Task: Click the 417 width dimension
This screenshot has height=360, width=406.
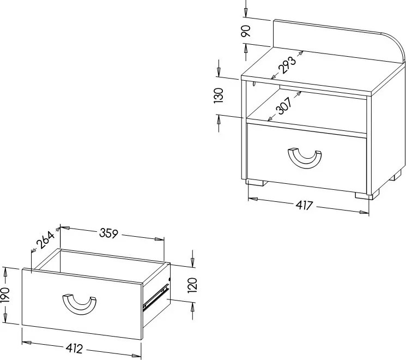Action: [305, 205]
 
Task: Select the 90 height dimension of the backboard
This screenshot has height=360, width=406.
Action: [246, 31]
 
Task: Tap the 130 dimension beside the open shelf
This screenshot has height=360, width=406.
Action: [219, 95]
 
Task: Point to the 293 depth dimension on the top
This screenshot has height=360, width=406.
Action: [287, 65]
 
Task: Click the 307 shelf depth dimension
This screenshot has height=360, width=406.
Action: [284, 106]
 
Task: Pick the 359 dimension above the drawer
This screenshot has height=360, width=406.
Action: [109, 233]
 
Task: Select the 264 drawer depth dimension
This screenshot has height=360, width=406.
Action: [46, 240]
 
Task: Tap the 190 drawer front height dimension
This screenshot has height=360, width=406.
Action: [5, 295]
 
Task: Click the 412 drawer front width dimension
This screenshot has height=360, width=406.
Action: [74, 349]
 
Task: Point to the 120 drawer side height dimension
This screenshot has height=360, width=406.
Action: [192, 285]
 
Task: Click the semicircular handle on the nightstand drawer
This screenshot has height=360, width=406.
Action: [305, 158]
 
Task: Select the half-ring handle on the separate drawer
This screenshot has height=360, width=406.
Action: [79, 304]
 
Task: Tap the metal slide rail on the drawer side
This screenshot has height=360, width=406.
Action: [156, 297]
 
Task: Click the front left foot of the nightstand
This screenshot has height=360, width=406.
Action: [256, 183]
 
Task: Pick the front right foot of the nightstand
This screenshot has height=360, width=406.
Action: [367, 195]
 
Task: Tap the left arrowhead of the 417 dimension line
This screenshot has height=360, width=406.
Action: [253, 199]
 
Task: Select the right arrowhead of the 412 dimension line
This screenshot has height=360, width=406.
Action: [136, 356]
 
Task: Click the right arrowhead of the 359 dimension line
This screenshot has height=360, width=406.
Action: [160, 239]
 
